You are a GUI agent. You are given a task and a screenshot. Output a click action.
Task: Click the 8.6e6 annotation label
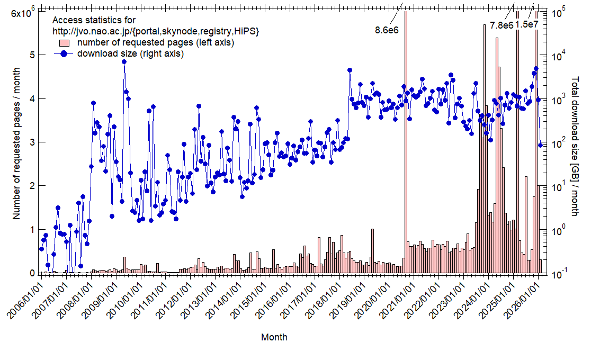(387, 30)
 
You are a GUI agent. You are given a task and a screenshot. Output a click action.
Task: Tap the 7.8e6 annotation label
(502, 25)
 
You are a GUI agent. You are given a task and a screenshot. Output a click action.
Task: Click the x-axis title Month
(274, 337)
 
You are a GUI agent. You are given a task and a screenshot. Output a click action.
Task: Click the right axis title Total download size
(575, 146)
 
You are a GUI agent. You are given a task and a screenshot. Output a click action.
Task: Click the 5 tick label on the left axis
(32, 55)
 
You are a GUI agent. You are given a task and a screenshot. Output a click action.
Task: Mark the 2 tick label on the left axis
(32, 186)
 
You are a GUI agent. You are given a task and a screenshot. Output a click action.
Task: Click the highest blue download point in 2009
(124, 61)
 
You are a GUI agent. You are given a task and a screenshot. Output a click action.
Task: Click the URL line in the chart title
(156, 31)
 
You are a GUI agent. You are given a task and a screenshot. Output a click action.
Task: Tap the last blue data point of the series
(540, 145)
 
